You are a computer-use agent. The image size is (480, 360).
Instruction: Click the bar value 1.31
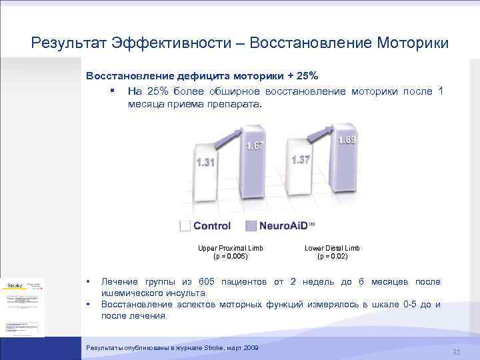(205, 163)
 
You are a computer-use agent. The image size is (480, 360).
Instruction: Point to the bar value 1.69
(347, 140)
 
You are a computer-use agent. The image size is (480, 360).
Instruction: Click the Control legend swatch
(185, 226)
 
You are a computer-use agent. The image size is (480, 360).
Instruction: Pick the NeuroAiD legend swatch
(251, 226)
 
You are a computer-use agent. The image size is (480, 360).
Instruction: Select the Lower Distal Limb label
(332, 248)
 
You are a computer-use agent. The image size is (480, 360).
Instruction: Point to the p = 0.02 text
(332, 256)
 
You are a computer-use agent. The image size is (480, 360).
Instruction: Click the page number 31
(457, 352)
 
